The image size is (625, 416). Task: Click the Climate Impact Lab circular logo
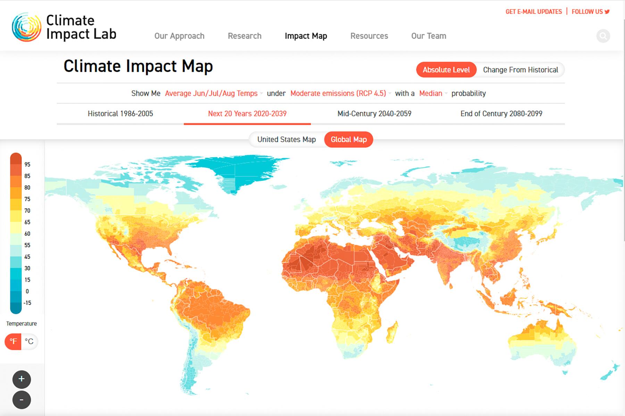pos(26,27)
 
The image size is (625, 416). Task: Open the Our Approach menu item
pos(179,36)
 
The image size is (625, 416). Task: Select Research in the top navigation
pos(244,36)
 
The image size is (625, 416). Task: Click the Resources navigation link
pos(369,36)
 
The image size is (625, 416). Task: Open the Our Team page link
pos(428,36)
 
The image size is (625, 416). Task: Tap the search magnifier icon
pos(603,36)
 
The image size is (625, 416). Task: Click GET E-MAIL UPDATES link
pos(533,12)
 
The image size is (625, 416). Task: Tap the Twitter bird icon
pos(607,12)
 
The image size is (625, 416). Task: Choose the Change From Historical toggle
pos(520,70)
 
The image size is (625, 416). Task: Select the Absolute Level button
pos(446,70)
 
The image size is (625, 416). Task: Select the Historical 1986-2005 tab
pos(120,114)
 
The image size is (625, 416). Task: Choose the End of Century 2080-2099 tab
pos(501,114)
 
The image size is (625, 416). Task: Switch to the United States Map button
pos(286,140)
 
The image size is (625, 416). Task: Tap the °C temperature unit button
pos(30,342)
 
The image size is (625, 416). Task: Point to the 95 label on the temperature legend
pos(27,165)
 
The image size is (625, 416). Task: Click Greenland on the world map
pos(240,170)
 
